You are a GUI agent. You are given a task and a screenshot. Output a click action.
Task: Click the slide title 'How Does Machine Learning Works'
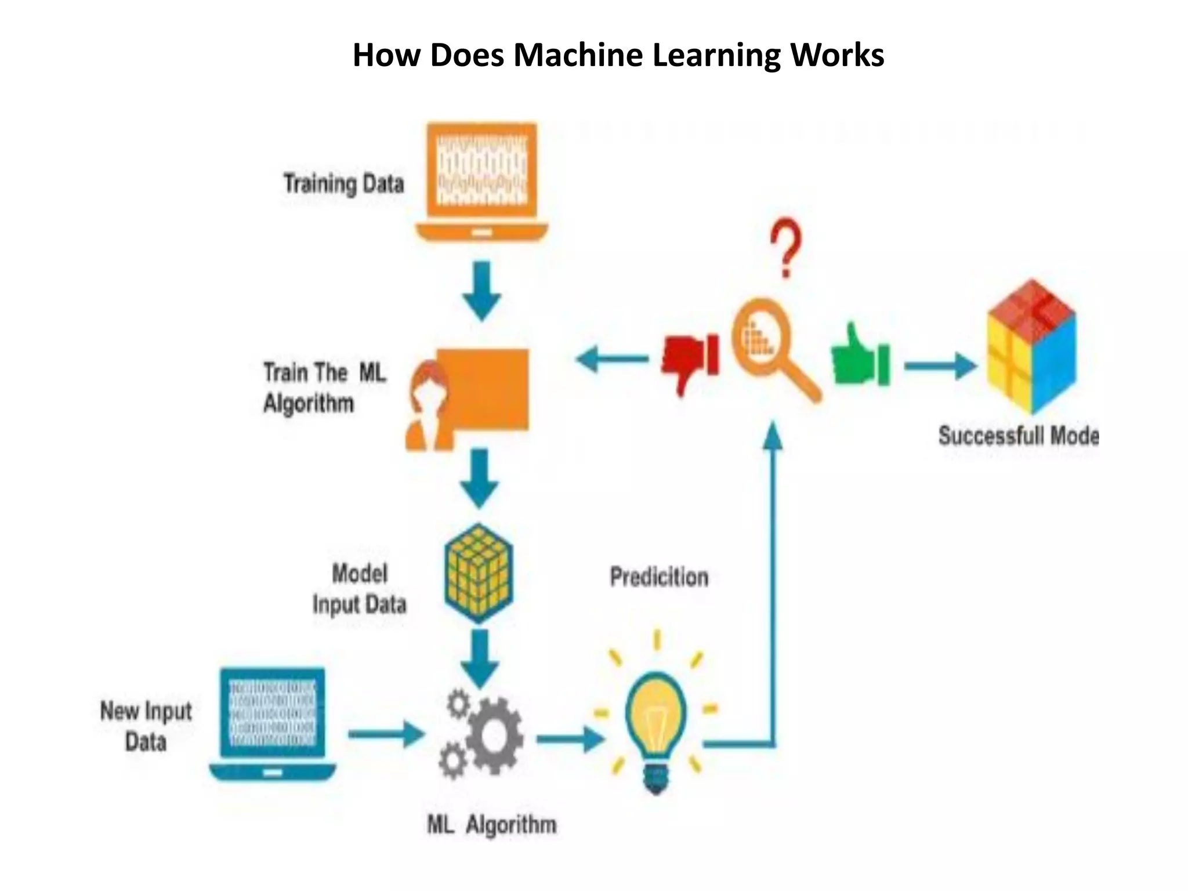[618, 56]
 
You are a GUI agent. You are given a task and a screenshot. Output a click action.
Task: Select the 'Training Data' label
[343, 184]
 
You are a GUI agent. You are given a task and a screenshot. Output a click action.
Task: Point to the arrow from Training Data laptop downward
[481, 290]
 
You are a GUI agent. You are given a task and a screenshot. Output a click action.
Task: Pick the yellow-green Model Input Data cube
[479, 573]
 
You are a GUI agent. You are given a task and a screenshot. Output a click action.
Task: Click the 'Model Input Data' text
[359, 589]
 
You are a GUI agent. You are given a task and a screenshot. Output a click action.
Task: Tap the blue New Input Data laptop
[273, 723]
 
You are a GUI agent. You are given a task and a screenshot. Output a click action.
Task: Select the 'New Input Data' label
[146, 726]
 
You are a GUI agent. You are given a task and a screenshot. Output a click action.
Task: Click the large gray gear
[494, 736]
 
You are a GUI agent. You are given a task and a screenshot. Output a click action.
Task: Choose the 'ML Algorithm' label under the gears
[491, 824]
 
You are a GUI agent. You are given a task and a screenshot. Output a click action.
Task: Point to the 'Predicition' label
[659, 577]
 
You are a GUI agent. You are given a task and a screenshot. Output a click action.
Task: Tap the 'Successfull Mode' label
[1018, 436]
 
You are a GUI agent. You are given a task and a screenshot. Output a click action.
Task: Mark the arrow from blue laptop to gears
[386, 734]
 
